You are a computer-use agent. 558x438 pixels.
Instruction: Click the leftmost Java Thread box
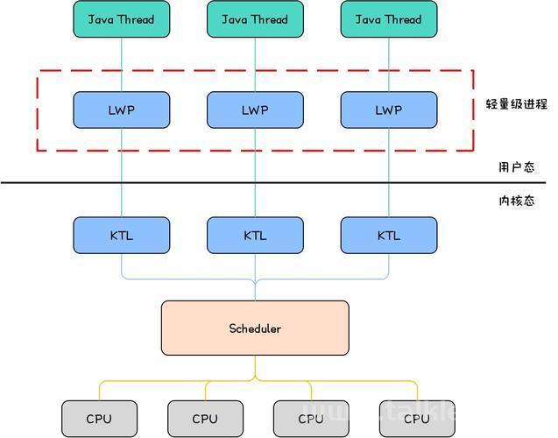coord(122,19)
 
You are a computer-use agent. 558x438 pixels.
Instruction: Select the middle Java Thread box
coord(255,19)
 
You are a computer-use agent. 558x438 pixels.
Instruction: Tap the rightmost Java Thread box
coord(389,19)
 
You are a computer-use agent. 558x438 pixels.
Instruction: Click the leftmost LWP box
coord(122,110)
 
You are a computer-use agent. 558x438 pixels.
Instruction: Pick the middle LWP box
coord(255,110)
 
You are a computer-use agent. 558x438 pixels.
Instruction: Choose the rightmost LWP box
coord(389,110)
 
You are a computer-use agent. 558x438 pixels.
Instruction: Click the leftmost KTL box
coord(122,235)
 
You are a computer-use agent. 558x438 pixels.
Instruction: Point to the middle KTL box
coord(255,235)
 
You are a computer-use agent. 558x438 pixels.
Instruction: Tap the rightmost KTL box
coord(389,235)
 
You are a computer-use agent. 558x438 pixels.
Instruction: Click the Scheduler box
coord(255,328)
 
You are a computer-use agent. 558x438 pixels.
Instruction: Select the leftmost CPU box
coord(99,419)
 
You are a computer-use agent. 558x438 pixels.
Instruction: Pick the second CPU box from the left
coord(205,419)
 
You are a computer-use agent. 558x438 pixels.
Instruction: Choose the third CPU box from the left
coord(311,419)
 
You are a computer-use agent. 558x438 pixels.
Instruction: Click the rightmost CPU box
coord(417,419)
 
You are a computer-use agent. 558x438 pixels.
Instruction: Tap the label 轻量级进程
coord(516,104)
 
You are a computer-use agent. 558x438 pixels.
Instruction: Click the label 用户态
coord(516,166)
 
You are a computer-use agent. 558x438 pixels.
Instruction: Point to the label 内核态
coord(516,201)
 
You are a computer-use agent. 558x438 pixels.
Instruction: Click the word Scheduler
coord(255,328)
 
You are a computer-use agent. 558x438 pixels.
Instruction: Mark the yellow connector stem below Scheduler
coord(255,367)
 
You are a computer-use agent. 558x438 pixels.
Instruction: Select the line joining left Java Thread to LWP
coord(122,65)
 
